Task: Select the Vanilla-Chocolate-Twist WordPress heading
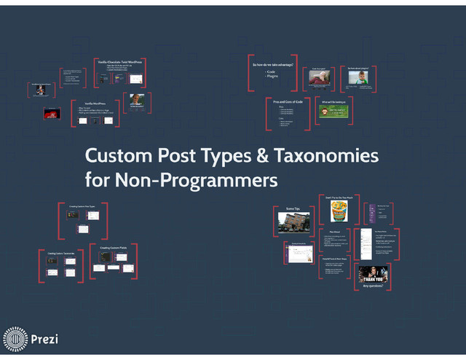(119, 63)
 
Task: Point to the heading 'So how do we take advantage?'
(273, 65)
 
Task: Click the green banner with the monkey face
(336, 111)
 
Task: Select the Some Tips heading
(293, 208)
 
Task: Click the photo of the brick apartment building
(293, 222)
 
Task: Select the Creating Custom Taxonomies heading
(61, 253)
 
